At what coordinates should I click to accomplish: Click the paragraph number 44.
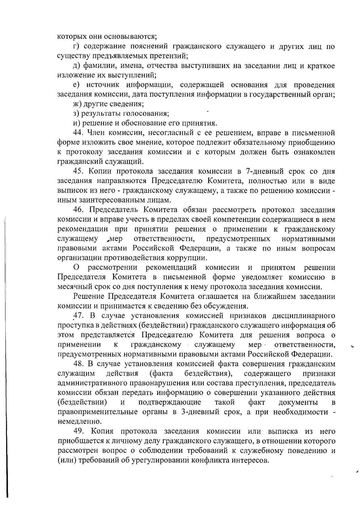click(x=79, y=133)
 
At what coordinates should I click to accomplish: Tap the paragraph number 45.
click(x=79, y=171)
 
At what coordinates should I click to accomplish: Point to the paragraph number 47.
click(x=79, y=316)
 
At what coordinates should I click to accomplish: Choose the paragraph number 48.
click(x=79, y=364)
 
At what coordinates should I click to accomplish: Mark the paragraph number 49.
click(x=79, y=432)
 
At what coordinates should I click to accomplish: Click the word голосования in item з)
click(x=147, y=114)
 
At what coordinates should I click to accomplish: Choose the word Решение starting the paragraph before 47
click(x=89, y=296)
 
